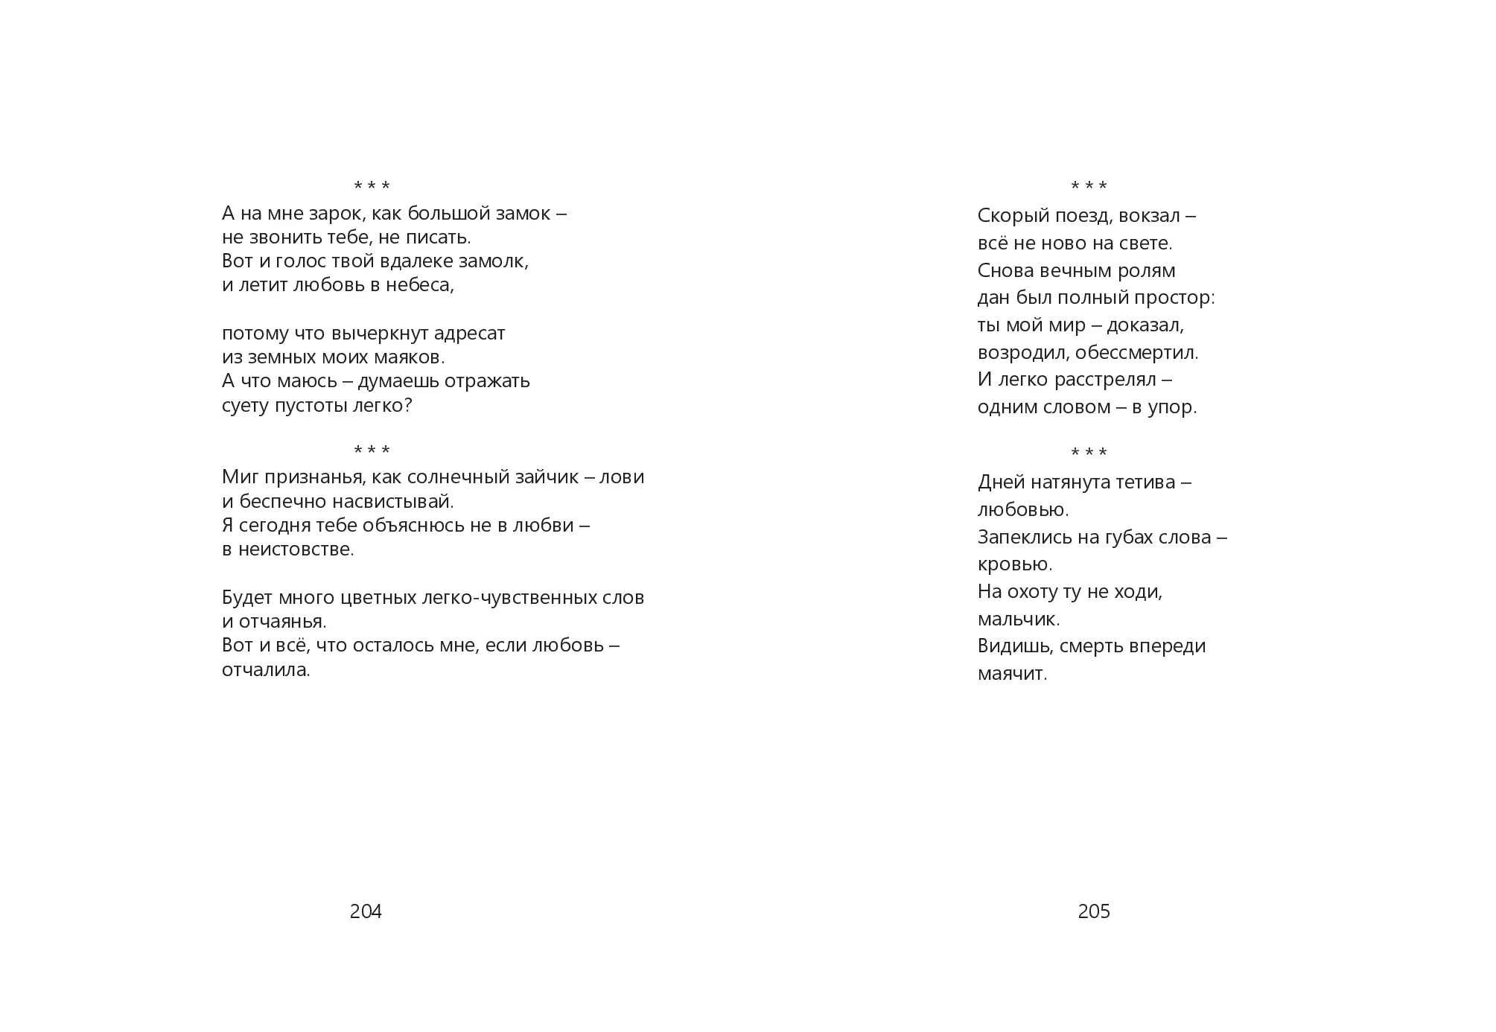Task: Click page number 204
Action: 366,911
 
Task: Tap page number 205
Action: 1094,911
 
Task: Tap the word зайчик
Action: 550,477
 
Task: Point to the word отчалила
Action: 265,670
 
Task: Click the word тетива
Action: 1142,482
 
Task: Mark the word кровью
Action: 1015,564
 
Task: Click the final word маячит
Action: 1013,674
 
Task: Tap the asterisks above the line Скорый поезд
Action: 1089,186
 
